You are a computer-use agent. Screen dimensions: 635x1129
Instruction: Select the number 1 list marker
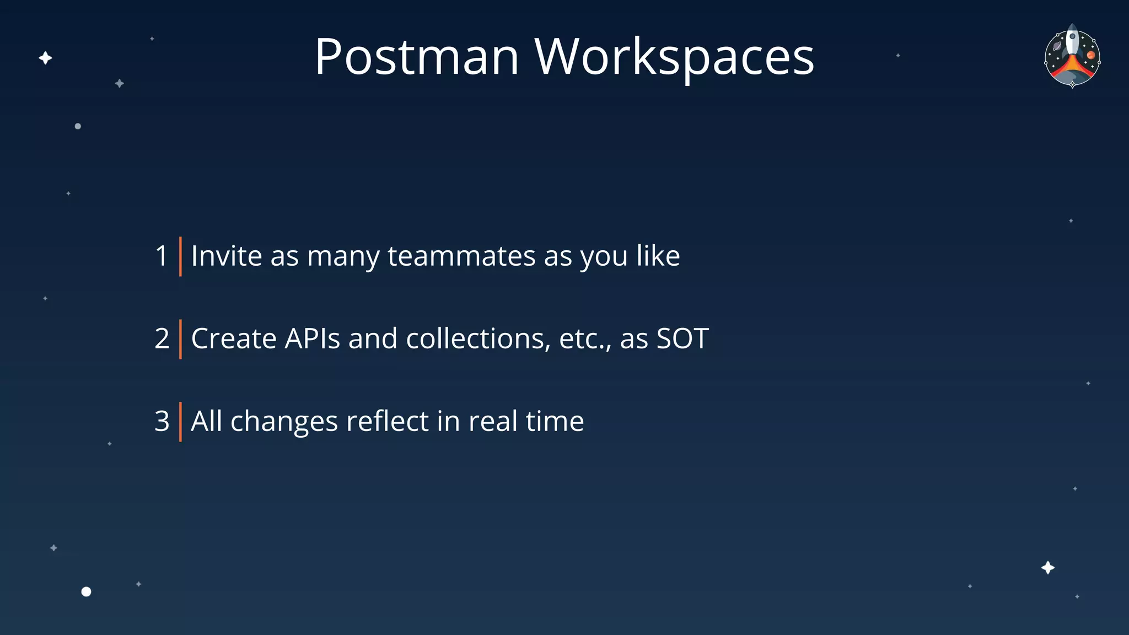click(x=162, y=256)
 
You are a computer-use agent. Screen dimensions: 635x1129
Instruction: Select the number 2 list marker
click(x=162, y=339)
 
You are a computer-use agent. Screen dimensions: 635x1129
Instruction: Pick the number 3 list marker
click(x=162, y=422)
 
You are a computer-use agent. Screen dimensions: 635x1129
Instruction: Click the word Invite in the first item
click(x=226, y=256)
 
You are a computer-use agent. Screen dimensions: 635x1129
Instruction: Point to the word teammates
click(x=461, y=256)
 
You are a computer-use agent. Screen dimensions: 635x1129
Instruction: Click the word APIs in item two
click(x=312, y=339)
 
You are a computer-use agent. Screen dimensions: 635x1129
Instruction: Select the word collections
click(x=478, y=339)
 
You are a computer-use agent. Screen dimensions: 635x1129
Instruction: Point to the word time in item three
click(x=555, y=422)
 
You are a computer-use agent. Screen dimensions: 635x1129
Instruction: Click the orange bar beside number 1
click(x=180, y=256)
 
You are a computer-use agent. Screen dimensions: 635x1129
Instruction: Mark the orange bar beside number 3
click(x=180, y=422)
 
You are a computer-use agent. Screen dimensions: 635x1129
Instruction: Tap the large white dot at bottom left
click(x=86, y=591)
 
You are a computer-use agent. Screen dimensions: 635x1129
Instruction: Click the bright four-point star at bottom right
click(x=1048, y=568)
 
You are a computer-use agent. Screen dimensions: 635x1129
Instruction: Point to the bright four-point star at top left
click(x=46, y=58)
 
